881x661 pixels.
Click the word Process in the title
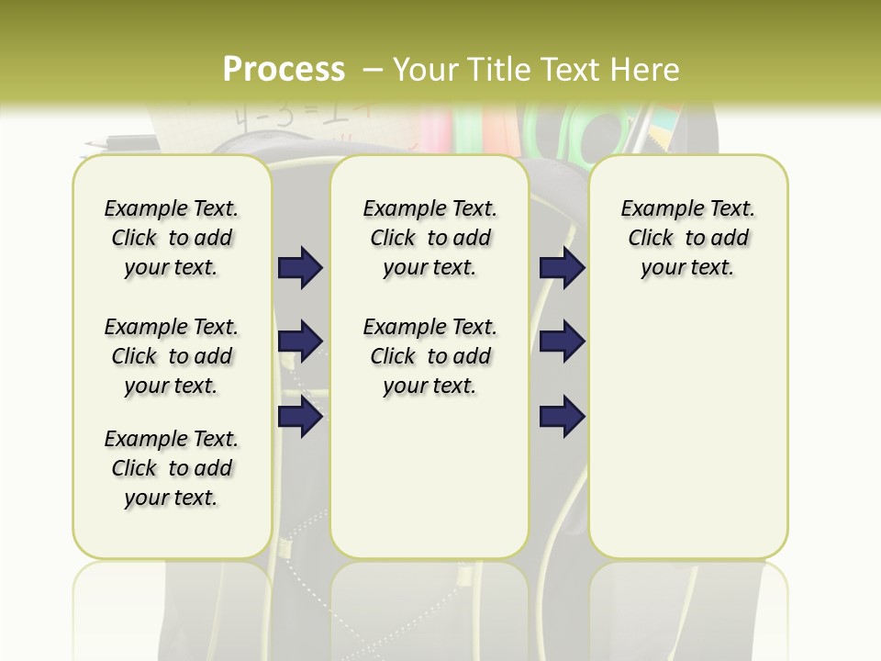point(284,70)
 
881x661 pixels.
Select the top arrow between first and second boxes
point(300,268)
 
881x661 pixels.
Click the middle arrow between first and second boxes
point(300,342)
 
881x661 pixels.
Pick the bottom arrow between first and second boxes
point(300,417)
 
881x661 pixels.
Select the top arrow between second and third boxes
point(562,268)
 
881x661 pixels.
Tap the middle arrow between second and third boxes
point(562,342)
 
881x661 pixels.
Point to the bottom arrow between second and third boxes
point(562,417)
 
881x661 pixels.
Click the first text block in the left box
point(172,238)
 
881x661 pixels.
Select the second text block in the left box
point(172,356)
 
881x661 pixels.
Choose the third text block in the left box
point(172,468)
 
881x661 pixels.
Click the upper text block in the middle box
point(429,238)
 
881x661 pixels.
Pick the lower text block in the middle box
point(429,356)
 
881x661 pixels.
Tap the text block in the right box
point(687,238)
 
